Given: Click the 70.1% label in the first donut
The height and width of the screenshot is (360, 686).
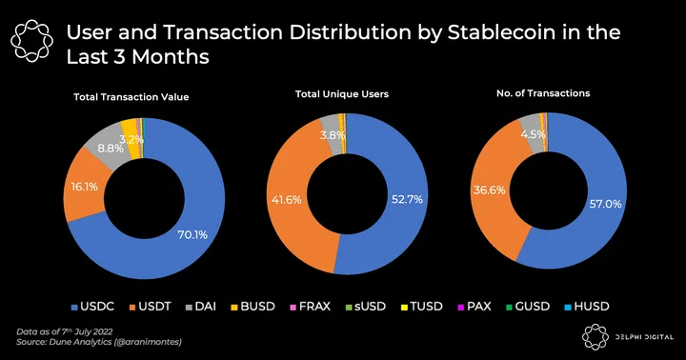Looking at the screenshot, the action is (192, 235).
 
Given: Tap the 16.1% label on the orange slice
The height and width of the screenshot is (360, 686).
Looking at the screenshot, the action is (85, 187).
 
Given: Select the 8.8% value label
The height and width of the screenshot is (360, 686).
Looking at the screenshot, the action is (111, 149).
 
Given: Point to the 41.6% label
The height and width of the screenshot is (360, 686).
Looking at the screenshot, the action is (287, 200).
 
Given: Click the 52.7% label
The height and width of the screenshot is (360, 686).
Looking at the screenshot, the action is (407, 199).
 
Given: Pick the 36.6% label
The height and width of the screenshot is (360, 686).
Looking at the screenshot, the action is (489, 190).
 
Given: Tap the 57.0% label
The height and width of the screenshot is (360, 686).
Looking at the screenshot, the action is (606, 204).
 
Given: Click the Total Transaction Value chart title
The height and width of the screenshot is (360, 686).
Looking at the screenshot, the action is (131, 97).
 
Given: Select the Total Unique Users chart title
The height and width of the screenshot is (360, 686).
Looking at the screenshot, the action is (342, 94).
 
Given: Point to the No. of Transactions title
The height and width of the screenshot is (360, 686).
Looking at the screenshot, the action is (543, 93).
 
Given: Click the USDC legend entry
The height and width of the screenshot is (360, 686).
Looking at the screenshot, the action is (92, 307).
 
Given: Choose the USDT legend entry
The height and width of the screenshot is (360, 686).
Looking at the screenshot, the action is (151, 307).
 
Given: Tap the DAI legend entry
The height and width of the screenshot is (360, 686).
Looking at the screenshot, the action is (201, 307).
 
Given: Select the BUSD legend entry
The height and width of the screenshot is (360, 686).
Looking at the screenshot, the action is (252, 307).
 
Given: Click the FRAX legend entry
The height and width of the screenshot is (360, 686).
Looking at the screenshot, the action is (311, 307).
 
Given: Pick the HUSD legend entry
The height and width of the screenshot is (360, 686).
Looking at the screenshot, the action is (587, 307).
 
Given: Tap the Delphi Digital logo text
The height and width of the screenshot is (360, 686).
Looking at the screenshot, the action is (644, 337).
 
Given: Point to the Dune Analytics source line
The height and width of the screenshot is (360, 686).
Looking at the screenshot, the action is (99, 342).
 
